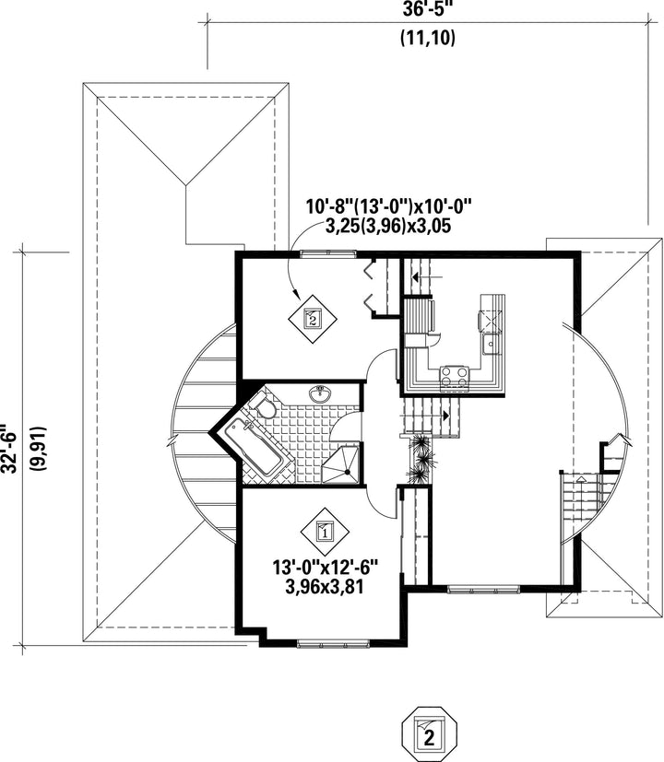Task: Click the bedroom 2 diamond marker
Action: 312,320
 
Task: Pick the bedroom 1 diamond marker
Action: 324,530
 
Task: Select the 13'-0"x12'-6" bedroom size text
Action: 324,565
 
